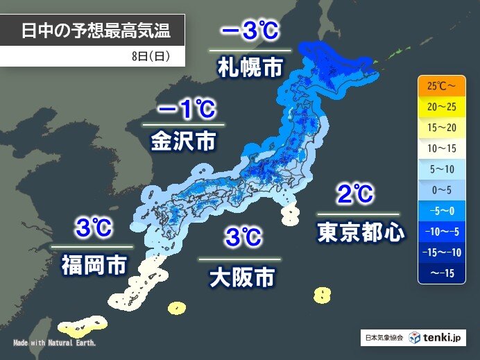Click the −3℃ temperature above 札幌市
click(x=250, y=31)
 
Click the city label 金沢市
click(x=183, y=142)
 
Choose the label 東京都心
click(x=361, y=232)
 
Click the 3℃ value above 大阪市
click(x=243, y=238)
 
